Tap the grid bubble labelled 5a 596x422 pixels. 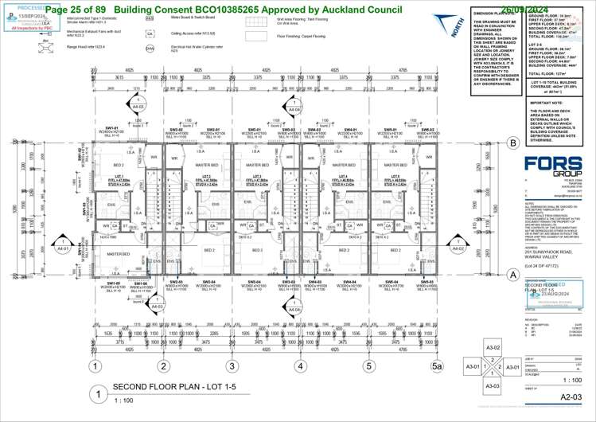[435, 367]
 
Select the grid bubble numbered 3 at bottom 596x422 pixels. [232, 367]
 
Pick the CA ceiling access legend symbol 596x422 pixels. [150, 34]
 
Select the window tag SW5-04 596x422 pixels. [391, 283]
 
